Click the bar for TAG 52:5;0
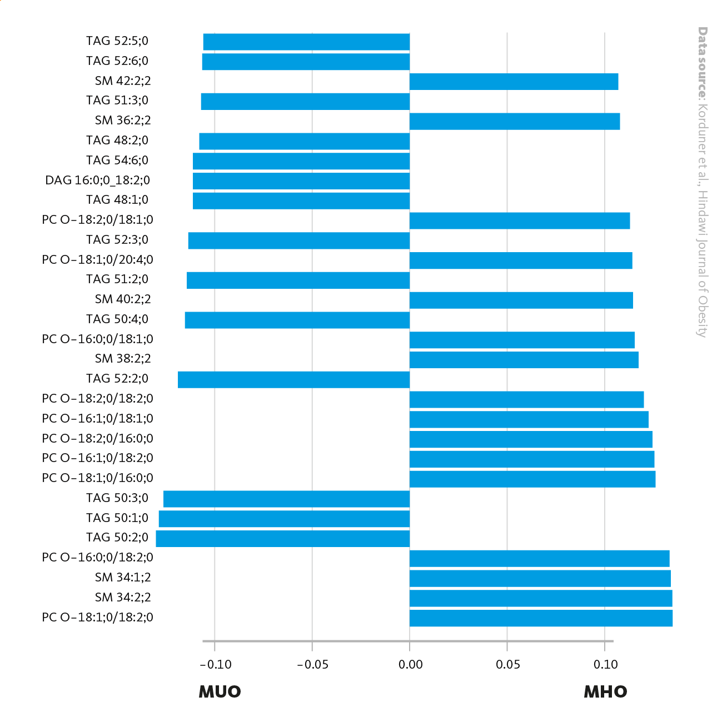pyautogui.click(x=306, y=42)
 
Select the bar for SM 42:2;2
pyautogui.click(x=514, y=82)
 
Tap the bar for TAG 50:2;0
pyautogui.click(x=283, y=539)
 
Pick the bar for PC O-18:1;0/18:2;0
pyautogui.click(x=541, y=618)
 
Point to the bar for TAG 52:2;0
pyautogui.click(x=293, y=380)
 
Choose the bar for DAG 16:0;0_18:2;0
pyautogui.click(x=301, y=181)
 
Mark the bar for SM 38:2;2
pyautogui.click(x=524, y=360)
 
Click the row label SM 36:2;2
pyautogui.click(x=123, y=121)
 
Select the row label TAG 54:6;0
pyautogui.click(x=117, y=161)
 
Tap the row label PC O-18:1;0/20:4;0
pyautogui.click(x=97, y=260)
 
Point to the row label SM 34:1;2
pyautogui.click(x=123, y=578)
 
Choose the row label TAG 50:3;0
pyautogui.click(x=117, y=498)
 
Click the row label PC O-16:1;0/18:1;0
pyautogui.click(x=97, y=419)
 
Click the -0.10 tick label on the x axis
pyautogui.click(x=215, y=665)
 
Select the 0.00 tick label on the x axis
pyautogui.click(x=410, y=665)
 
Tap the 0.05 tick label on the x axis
pyautogui.click(x=507, y=665)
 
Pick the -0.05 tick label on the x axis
pyautogui.click(x=312, y=665)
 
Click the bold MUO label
pyautogui.click(x=220, y=692)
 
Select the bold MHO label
pyautogui.click(x=605, y=692)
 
